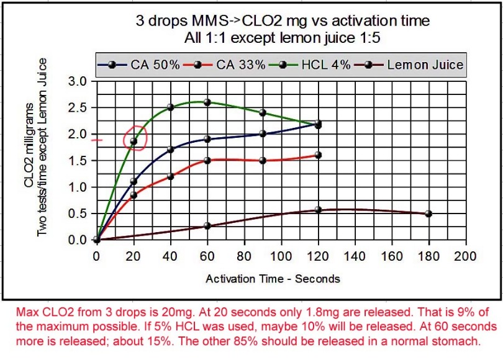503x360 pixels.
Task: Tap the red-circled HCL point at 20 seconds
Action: pyautogui.click(x=134, y=142)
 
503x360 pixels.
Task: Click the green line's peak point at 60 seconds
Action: pyautogui.click(x=207, y=102)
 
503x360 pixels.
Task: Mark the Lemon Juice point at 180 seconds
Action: pyautogui.click(x=428, y=214)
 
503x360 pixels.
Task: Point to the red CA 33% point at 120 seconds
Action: pyautogui.click(x=318, y=155)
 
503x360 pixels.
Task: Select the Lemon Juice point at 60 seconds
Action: pyautogui.click(x=207, y=226)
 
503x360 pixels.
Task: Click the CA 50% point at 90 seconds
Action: pyautogui.click(x=263, y=133)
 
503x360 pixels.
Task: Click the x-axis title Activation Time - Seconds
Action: pyautogui.click(x=273, y=279)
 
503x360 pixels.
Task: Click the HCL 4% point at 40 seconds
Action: pyautogui.click(x=170, y=107)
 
